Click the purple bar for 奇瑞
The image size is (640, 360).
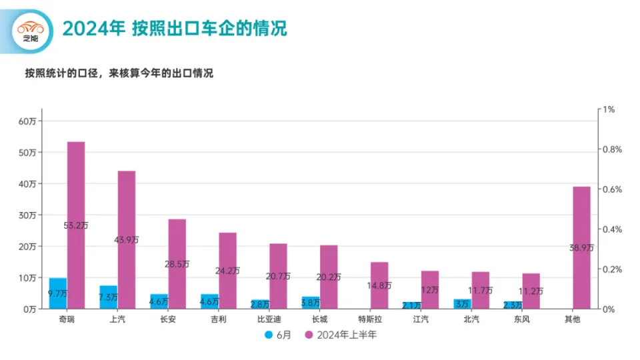pyautogui.click(x=76, y=200)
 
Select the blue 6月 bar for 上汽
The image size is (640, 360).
pyautogui.click(x=108, y=297)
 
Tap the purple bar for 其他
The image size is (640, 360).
pyautogui.click(x=581, y=227)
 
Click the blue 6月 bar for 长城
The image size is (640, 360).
pyautogui.click(x=311, y=303)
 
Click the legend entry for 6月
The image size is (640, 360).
pyautogui.click(x=278, y=335)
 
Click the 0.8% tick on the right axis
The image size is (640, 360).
pyautogui.click(x=613, y=149)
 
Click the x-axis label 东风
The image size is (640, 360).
pyautogui.click(x=522, y=319)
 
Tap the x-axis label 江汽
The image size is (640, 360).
pyautogui.click(x=421, y=319)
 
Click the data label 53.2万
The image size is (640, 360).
pyautogui.click(x=76, y=225)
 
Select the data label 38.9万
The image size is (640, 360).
pyautogui.click(x=581, y=247)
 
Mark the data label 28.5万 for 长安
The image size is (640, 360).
pyautogui.click(x=177, y=264)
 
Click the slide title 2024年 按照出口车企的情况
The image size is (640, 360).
pyautogui.click(x=174, y=29)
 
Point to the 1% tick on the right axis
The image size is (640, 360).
pyautogui.click(x=609, y=109)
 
